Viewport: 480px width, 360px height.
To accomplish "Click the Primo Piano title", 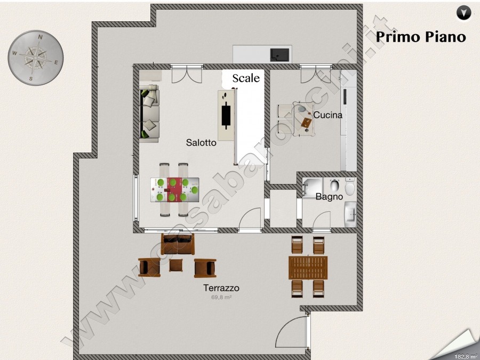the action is [x=421, y=36].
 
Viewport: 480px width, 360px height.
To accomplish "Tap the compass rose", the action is [x=36, y=58].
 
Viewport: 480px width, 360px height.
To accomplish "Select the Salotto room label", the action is [x=201, y=142].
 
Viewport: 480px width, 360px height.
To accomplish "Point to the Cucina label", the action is [x=327, y=115].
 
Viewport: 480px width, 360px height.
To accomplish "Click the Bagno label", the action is [x=329, y=196].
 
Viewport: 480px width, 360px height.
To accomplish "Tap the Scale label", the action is [x=246, y=78].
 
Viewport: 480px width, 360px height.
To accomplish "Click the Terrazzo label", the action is [x=221, y=288].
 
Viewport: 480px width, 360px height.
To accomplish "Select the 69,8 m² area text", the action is [x=221, y=297].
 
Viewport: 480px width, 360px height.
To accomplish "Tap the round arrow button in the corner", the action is [x=464, y=13].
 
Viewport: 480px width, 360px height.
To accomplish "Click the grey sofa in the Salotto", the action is [x=149, y=114].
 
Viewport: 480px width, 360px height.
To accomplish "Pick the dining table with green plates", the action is [x=174, y=190].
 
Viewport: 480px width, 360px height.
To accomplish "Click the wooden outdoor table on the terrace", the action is [x=308, y=268].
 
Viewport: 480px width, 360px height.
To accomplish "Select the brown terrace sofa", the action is [x=178, y=244].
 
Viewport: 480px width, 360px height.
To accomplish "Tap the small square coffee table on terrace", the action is [x=175, y=265].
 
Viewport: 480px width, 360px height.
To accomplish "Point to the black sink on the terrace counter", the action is [x=279, y=55].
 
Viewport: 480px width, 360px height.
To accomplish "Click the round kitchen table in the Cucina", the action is [x=303, y=119].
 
